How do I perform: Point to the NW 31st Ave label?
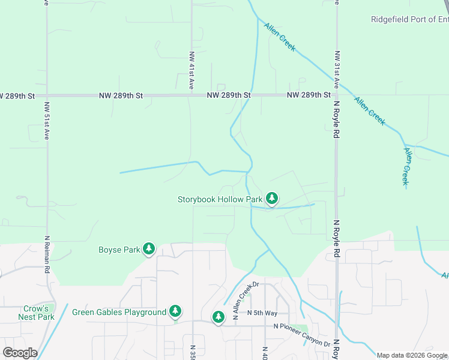337,68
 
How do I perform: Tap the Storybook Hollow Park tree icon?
272,198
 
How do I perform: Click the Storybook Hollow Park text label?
220,199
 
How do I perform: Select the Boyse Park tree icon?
148,249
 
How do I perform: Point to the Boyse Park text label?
118,250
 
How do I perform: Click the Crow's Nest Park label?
37,313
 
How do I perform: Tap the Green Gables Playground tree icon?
175,311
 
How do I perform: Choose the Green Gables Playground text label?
119,312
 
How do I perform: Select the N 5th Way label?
262,313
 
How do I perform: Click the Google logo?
20,353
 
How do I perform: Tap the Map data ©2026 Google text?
412,355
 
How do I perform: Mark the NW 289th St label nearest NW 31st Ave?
309,95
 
